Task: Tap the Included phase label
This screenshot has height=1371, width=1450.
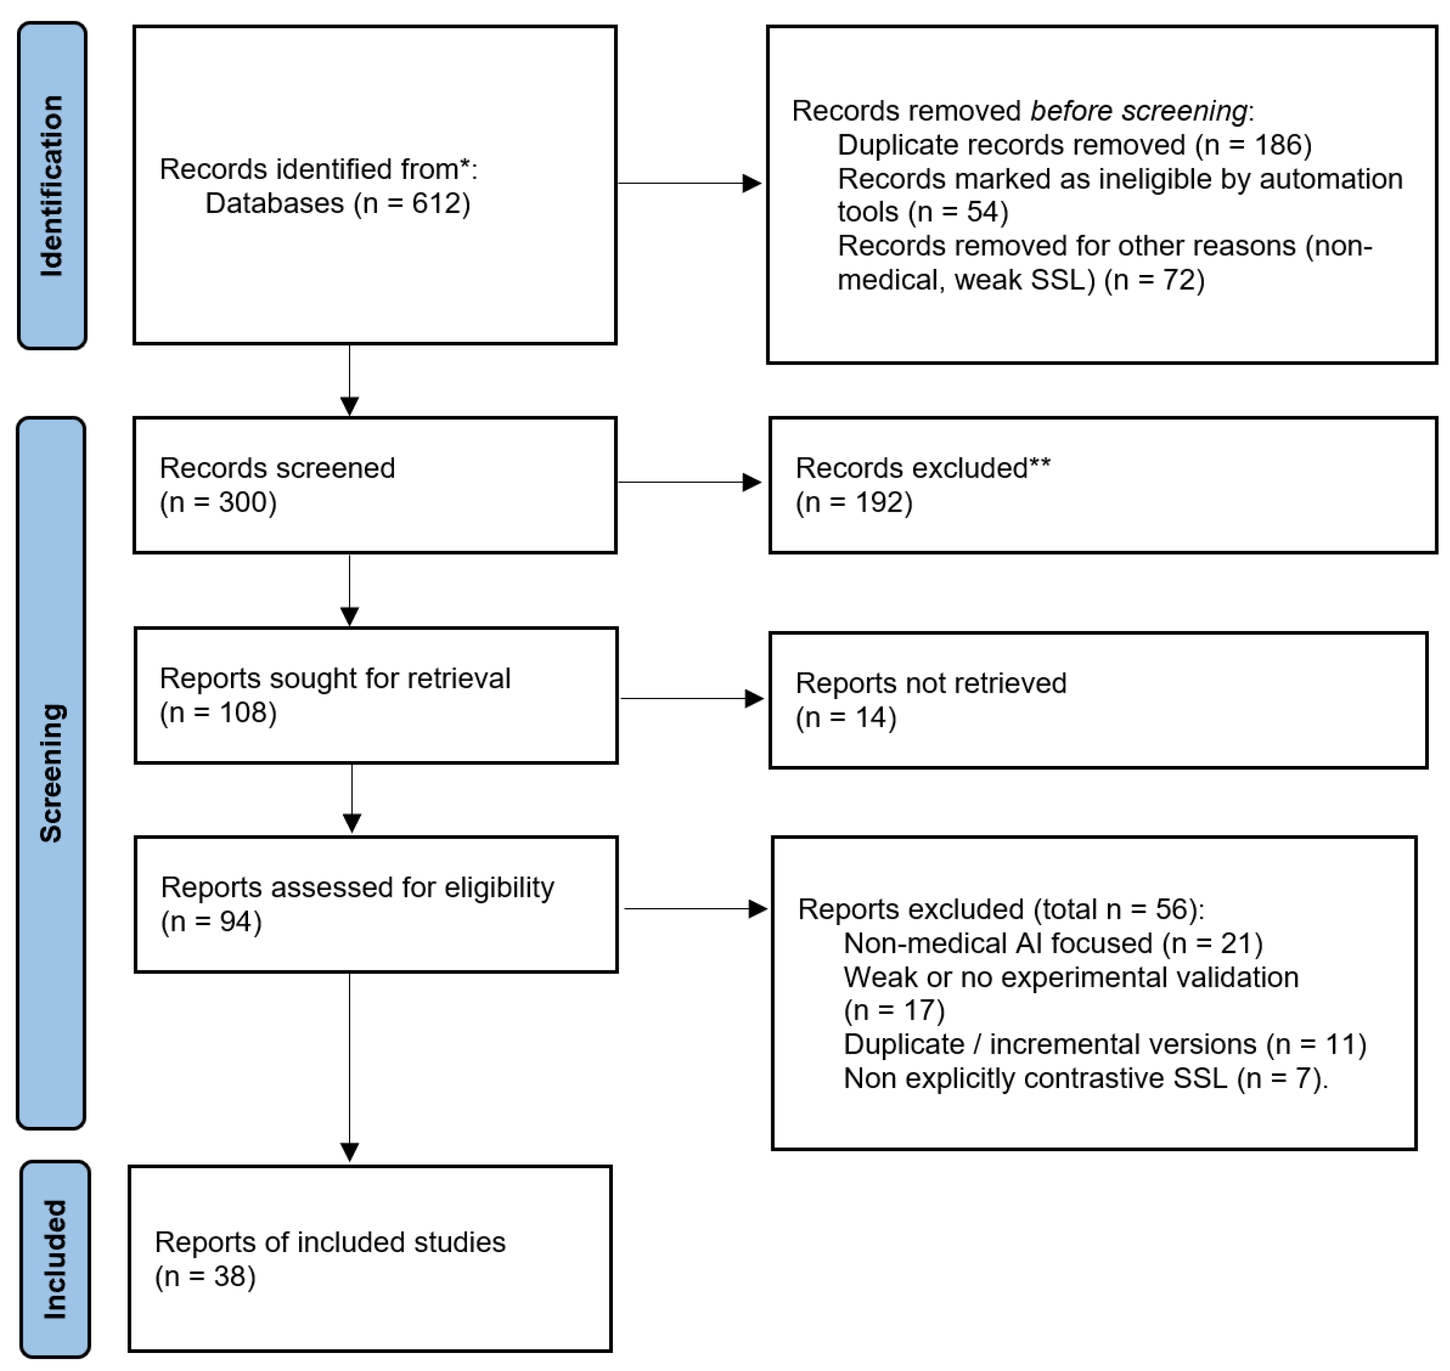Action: point(55,1260)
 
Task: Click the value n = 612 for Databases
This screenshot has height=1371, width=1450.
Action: point(412,203)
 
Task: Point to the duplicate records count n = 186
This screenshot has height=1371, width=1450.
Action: point(1253,145)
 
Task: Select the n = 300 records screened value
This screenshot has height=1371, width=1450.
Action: point(218,502)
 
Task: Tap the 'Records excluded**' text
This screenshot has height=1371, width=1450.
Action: point(922,468)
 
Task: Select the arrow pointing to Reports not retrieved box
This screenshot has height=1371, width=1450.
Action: point(691,699)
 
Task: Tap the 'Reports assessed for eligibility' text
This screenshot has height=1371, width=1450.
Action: point(357,887)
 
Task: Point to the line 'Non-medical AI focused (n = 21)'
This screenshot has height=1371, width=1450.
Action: point(1052,944)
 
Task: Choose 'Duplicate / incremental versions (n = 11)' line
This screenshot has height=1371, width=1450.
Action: point(1104,1045)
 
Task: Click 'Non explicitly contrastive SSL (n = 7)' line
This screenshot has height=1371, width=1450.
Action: point(1085,1079)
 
